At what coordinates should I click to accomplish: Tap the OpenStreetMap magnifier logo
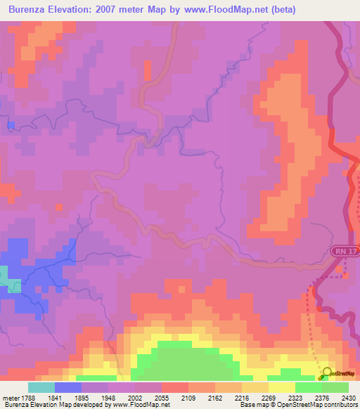(325, 374)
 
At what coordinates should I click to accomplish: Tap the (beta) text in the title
(281, 10)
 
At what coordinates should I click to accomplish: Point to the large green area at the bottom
(186, 362)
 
